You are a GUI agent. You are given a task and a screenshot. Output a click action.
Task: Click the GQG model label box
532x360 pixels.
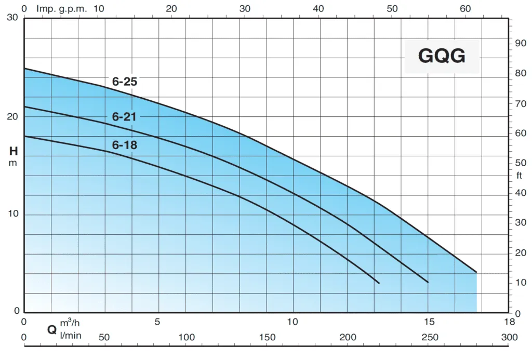click(x=442, y=56)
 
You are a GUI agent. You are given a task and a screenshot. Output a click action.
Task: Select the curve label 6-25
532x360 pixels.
click(x=124, y=82)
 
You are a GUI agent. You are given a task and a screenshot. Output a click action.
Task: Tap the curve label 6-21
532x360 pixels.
click(x=124, y=117)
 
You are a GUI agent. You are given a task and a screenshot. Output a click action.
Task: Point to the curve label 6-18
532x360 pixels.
click(x=125, y=145)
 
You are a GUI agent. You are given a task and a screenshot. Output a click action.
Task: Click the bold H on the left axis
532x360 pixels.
click(x=14, y=152)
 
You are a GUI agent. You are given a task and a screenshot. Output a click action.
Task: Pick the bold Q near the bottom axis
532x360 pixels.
click(x=52, y=329)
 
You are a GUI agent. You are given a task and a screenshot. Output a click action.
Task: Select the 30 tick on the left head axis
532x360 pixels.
click(x=12, y=18)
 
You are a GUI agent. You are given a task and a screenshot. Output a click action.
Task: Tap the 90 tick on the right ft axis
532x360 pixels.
click(x=520, y=43)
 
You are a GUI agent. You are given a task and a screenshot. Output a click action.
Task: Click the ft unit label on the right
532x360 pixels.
click(x=520, y=175)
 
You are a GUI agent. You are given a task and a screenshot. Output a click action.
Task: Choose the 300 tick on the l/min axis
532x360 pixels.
click(x=510, y=338)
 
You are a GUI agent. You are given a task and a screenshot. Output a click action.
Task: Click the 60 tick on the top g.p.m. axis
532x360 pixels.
click(x=466, y=8)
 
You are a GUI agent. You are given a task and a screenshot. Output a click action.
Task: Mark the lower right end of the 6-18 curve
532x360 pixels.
click(x=379, y=283)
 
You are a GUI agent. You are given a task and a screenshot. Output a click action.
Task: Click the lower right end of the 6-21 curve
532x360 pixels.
click(x=428, y=282)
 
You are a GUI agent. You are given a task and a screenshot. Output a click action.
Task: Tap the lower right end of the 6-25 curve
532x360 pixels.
click(x=476, y=272)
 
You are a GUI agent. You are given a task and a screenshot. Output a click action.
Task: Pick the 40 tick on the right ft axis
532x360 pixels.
click(x=520, y=193)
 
